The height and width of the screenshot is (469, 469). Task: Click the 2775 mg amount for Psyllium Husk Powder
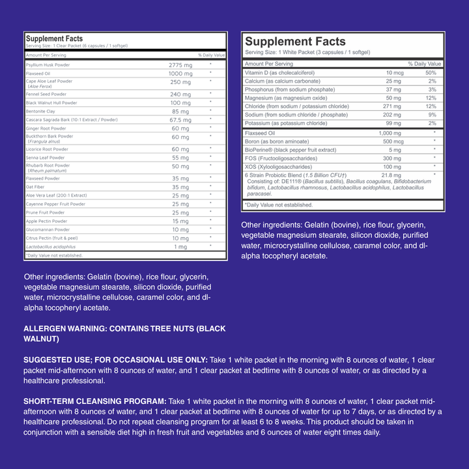pyautogui.click(x=180, y=66)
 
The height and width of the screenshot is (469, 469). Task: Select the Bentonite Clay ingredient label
pyautogui.click(x=41, y=111)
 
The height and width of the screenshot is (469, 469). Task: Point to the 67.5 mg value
pyautogui.click(x=180, y=120)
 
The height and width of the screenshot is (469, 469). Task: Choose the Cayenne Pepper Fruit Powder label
pyautogui.click(x=55, y=204)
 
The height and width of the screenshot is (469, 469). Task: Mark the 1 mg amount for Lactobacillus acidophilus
pyautogui.click(x=180, y=247)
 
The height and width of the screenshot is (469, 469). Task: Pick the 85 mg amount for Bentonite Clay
pyautogui.click(x=180, y=111)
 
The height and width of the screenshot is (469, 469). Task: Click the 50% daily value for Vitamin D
pyautogui.click(x=431, y=72)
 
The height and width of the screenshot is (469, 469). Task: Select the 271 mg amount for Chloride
pyautogui.click(x=392, y=106)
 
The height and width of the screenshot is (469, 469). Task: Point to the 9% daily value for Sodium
pyautogui.click(x=432, y=115)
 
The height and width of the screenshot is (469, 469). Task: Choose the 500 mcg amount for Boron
pyautogui.click(x=392, y=141)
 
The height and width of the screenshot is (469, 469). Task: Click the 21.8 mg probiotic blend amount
pyautogui.click(x=391, y=175)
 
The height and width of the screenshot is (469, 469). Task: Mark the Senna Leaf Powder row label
pyautogui.click(x=45, y=158)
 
